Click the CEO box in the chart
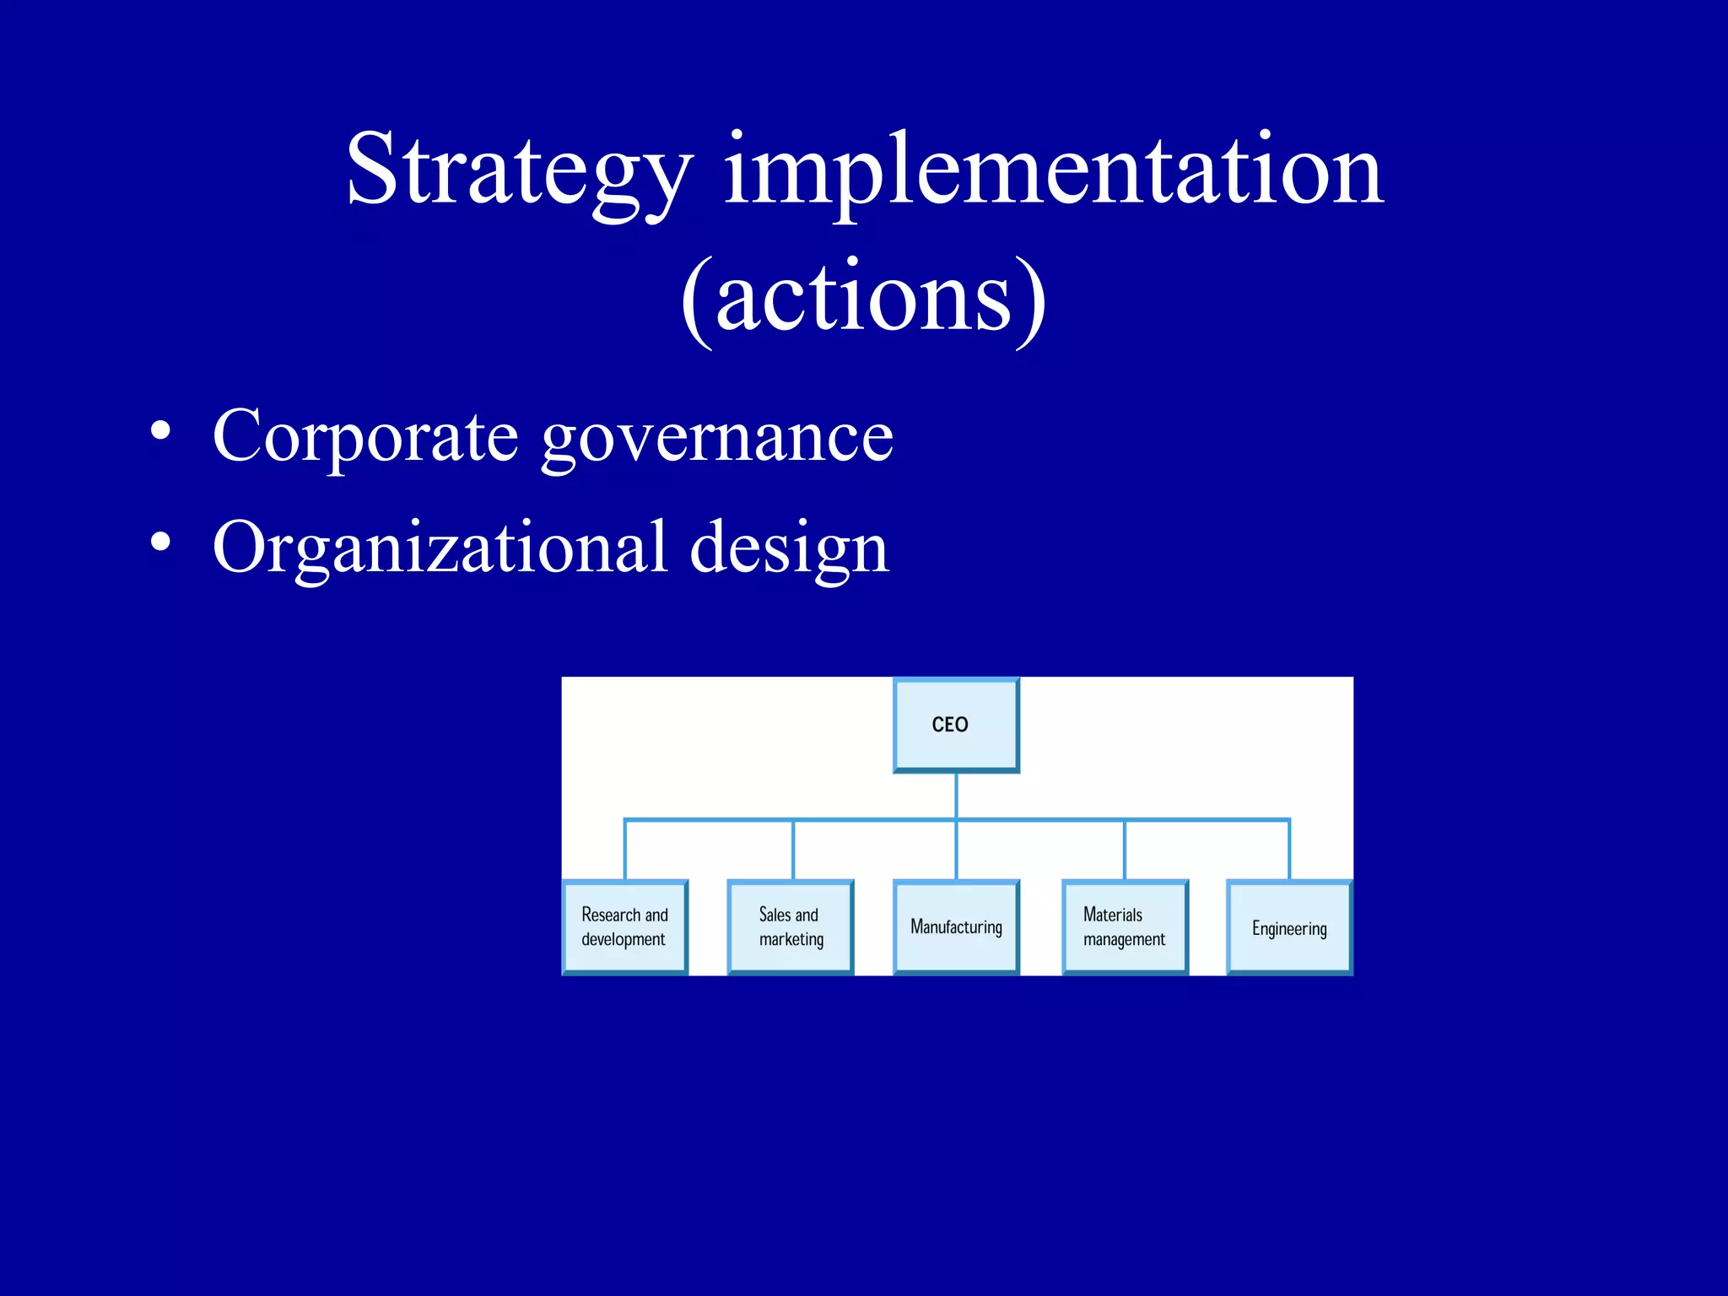956,726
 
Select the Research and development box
625,927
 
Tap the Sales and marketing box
791,927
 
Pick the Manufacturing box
956,927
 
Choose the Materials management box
1125,927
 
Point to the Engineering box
1289,928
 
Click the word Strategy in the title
519,171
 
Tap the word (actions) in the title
863,300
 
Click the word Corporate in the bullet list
365,436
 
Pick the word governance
717,439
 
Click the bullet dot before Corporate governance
160,432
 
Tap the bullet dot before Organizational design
160,543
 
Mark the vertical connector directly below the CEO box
956,795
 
